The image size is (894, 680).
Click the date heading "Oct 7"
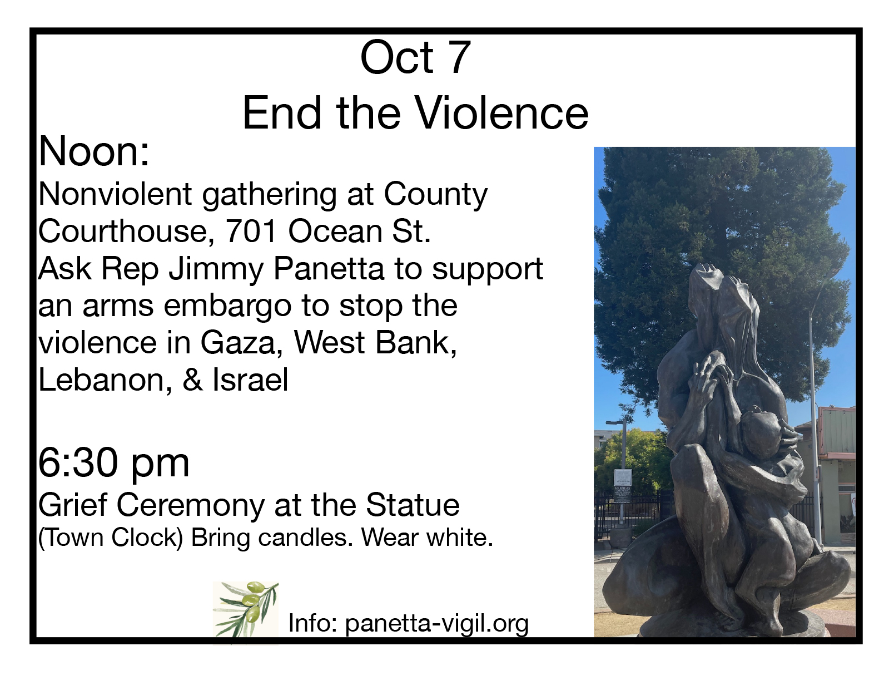(x=415, y=58)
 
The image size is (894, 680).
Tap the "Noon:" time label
(x=94, y=151)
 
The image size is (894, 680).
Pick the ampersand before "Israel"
(x=193, y=380)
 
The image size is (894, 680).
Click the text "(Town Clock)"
(x=111, y=538)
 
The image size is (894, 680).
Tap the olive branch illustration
(x=246, y=609)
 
